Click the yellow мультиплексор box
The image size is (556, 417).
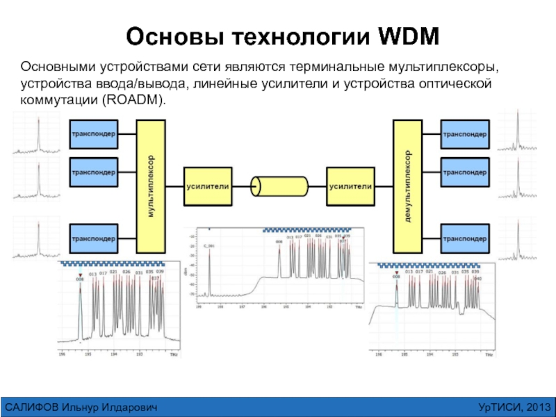pyautogui.click(x=151, y=186)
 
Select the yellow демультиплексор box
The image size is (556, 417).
pyautogui.click(x=408, y=186)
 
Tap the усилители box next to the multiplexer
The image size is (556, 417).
pyautogui.click(x=206, y=186)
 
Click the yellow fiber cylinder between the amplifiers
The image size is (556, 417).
pyautogui.click(x=279, y=186)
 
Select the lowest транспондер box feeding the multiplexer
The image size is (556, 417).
pyautogui.click(x=93, y=238)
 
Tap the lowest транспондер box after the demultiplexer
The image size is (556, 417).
pyautogui.click(x=465, y=238)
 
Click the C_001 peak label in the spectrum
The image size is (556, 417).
pyautogui.click(x=209, y=246)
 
